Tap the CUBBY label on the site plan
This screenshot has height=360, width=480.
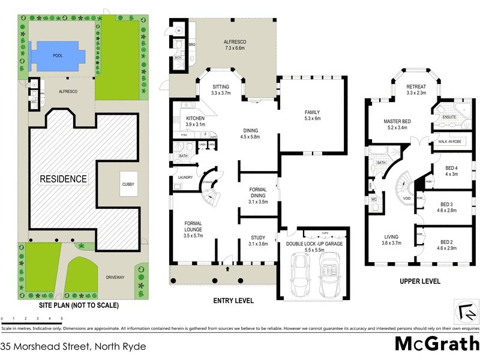128,184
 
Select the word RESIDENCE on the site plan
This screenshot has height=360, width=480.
63,179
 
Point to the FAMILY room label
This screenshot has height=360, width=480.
312,112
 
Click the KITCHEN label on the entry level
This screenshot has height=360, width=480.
196,118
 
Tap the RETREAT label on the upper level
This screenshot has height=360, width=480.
416,86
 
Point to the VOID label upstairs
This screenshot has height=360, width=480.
406,198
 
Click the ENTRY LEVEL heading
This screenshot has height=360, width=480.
233,301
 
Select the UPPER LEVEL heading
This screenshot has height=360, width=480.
420,281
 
